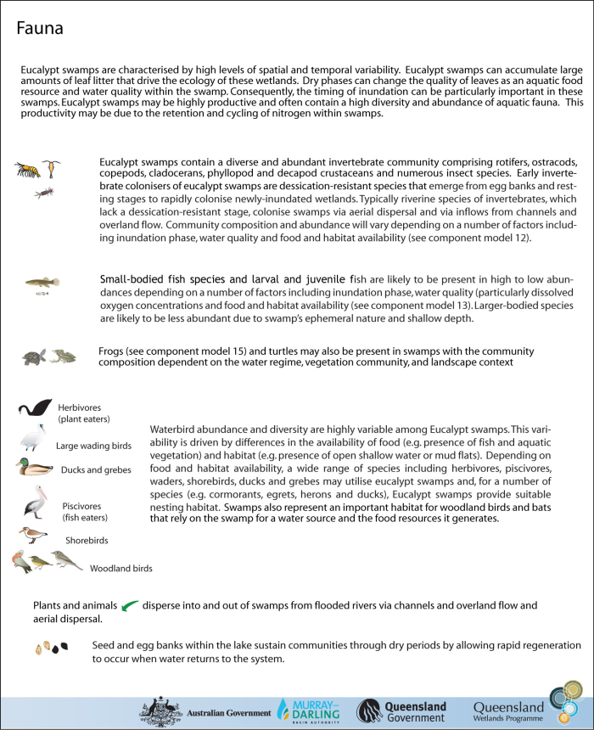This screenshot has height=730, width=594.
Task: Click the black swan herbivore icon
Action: pyautogui.click(x=36, y=409)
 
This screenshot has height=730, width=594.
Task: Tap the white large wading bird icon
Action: pyautogui.click(x=33, y=440)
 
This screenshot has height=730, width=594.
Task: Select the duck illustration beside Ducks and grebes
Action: pyautogui.click(x=33, y=466)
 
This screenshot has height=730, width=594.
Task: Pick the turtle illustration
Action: pyautogui.click(x=35, y=357)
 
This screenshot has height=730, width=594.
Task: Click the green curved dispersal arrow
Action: pyautogui.click(x=130, y=606)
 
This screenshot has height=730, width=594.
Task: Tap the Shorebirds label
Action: pyautogui.click(x=87, y=540)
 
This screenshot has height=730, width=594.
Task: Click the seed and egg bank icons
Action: pyautogui.click(x=52, y=649)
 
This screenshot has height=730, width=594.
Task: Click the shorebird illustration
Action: pyautogui.click(x=35, y=535)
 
